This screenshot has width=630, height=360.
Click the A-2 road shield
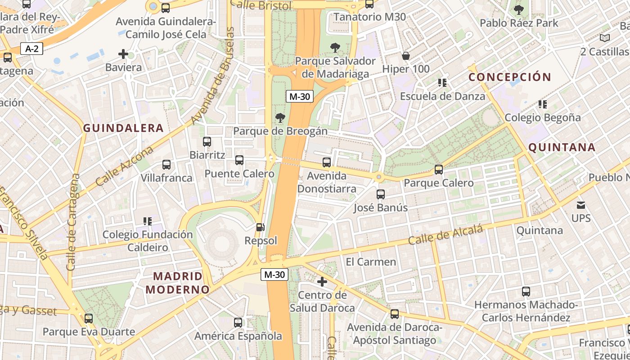[31, 49]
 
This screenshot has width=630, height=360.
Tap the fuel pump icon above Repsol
[260, 227]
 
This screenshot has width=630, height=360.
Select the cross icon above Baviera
[123, 54]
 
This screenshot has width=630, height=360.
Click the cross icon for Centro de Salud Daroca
[322, 282]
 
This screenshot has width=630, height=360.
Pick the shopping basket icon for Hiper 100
[406, 56]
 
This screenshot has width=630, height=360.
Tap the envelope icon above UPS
[581, 205]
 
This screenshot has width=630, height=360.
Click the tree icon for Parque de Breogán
[280, 118]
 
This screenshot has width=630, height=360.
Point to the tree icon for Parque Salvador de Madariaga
[335, 47]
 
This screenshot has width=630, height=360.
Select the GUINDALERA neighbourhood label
[123, 128]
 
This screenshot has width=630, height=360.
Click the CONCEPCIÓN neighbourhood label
[510, 77]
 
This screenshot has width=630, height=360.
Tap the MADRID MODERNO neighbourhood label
[177, 283]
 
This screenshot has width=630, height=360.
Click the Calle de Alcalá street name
[445, 235]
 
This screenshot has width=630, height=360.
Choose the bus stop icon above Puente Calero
[239, 160]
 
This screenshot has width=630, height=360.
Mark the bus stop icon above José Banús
[381, 194]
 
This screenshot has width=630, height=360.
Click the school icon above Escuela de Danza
[442, 83]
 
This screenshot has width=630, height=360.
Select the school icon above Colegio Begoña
[543, 104]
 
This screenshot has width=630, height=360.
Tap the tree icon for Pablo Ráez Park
[519, 9]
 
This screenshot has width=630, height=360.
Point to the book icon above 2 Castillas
[605, 38]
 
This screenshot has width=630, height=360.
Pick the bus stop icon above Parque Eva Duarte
[89, 319]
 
